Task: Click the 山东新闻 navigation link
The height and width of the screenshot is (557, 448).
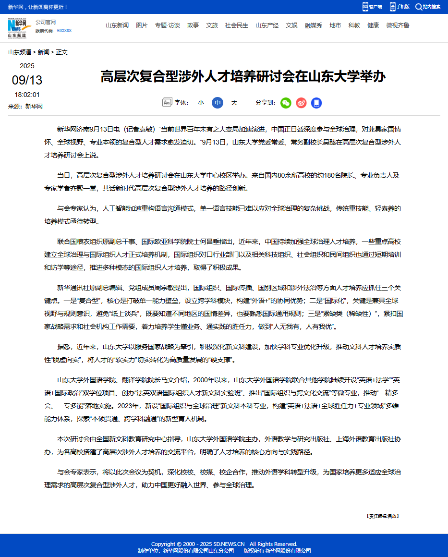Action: pyautogui.click(x=117, y=25)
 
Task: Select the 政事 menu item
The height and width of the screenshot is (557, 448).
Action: pyautogui.click(x=193, y=25)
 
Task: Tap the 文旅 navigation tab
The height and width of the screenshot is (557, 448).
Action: pyautogui.click(x=212, y=25)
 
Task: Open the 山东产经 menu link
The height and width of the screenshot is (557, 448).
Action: pyautogui.click(x=267, y=25)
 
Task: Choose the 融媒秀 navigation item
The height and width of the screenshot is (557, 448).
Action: pyautogui.click(x=314, y=25)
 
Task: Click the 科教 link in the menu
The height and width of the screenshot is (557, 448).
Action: pyautogui.click(x=354, y=25)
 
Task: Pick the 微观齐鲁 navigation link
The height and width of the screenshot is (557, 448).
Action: pyautogui.click(x=398, y=25)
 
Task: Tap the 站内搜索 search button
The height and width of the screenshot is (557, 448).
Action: pyautogui.click(x=428, y=7)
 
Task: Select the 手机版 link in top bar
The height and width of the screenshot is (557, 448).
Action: pyautogui.click(x=400, y=7)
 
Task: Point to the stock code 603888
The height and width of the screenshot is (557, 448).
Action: pyautogui.click(x=64, y=31)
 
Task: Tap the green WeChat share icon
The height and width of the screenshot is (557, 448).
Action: pyautogui.click(x=286, y=103)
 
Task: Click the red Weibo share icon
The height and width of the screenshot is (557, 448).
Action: pyautogui.click(x=301, y=103)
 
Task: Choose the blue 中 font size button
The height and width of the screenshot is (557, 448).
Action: pyautogui.click(x=218, y=103)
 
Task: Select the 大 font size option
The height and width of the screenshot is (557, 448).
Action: pyautogui.click(x=234, y=103)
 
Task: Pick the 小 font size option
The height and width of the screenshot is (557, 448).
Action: pyautogui.click(x=201, y=103)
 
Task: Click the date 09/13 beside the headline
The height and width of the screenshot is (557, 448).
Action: pyautogui.click(x=27, y=80)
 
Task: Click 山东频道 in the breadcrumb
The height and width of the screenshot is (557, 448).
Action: pyautogui.click(x=20, y=52)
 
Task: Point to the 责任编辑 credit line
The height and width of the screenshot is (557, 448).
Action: pyautogui.click(x=382, y=516)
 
